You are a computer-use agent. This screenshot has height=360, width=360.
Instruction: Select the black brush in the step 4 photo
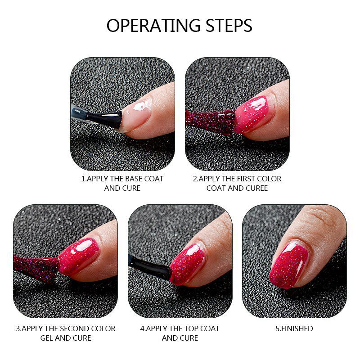151,268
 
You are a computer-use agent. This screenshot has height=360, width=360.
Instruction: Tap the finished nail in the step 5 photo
290,263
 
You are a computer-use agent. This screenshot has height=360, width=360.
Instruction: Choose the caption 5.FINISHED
294,328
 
